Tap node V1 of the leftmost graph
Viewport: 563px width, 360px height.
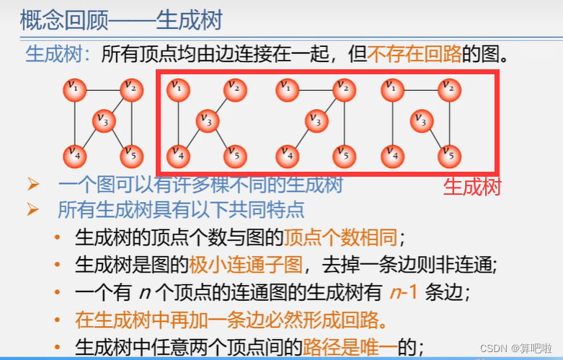click(x=74, y=89)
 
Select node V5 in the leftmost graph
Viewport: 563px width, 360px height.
click(x=130, y=153)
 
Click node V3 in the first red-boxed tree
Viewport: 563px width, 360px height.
click(x=208, y=121)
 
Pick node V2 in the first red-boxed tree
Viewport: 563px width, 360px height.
click(x=234, y=89)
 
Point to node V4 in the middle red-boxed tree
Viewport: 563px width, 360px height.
click(x=288, y=154)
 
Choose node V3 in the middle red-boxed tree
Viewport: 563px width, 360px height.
click(x=314, y=121)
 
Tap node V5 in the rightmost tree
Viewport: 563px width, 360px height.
click(x=448, y=154)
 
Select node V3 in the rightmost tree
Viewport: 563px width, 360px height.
click(x=422, y=121)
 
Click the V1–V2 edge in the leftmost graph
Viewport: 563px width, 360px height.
click(x=102, y=89)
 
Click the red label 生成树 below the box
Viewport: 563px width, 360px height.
click(x=471, y=186)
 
